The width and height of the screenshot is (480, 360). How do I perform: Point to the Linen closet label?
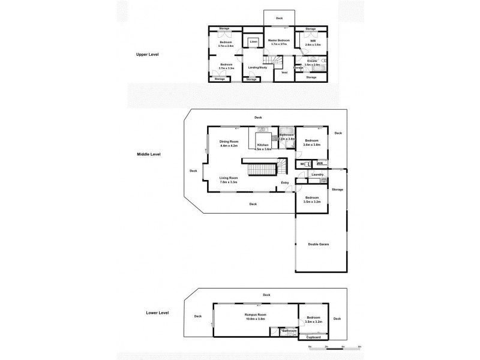point(253,41)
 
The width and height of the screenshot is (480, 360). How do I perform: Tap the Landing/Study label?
point(257,67)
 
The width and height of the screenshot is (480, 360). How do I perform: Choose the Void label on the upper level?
point(284,73)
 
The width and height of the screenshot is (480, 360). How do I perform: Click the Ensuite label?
point(313,62)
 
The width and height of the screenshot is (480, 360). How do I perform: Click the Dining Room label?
point(229,143)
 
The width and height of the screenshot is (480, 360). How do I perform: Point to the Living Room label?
point(229,179)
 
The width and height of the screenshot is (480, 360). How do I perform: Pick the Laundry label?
point(318,174)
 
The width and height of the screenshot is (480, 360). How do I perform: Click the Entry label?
point(286,183)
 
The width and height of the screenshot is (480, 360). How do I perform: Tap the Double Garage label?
point(319,244)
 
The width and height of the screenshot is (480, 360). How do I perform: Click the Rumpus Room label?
point(255,317)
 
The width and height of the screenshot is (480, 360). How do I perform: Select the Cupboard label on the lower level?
point(313,337)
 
